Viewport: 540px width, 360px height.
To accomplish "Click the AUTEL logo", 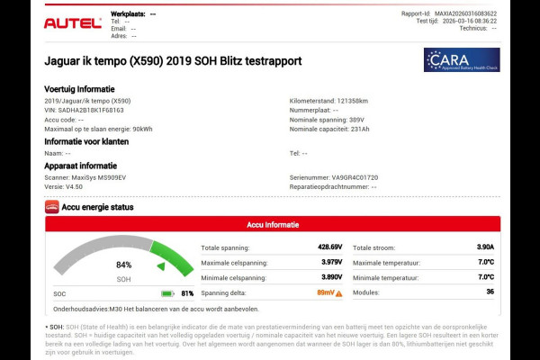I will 73,22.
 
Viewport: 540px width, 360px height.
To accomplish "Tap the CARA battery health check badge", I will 462,59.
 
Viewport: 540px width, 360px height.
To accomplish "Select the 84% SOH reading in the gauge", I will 123,265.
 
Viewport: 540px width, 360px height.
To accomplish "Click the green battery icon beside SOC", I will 167,293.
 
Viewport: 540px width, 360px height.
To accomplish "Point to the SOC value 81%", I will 187,293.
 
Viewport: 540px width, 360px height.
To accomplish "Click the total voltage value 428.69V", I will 328,247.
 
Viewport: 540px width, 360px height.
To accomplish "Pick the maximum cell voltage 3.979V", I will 331,262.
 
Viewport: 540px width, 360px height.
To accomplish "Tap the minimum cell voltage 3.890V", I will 331,277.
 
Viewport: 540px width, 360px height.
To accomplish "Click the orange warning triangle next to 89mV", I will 339,293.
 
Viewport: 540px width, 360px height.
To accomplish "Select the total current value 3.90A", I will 484,247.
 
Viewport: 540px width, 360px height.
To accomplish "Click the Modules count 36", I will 490,292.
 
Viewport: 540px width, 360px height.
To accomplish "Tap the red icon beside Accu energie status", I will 52,207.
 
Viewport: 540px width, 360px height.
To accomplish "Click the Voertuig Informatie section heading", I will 79,89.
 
